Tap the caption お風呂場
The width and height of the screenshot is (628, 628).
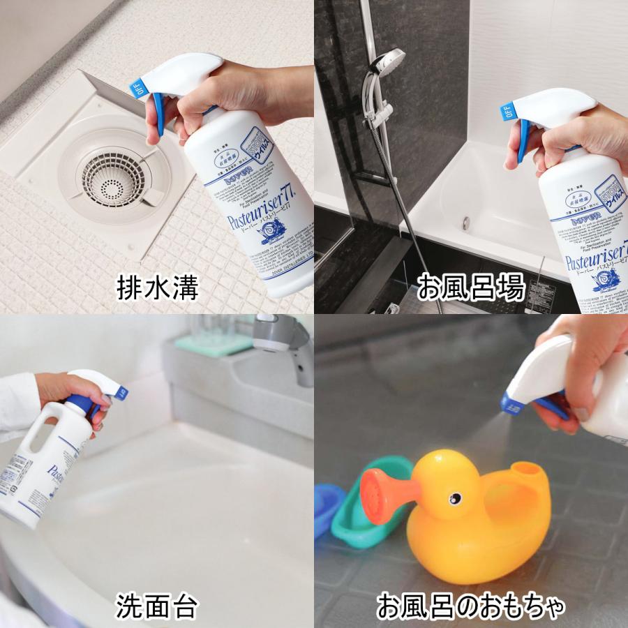(x=471, y=287)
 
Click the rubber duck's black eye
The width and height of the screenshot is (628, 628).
(x=454, y=498)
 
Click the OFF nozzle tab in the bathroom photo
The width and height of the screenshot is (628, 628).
(x=508, y=112)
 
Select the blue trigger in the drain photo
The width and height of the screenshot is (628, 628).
(x=158, y=115)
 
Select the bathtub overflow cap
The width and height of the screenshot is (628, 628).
(x=466, y=223)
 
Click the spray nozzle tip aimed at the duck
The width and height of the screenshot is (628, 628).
(x=507, y=403)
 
